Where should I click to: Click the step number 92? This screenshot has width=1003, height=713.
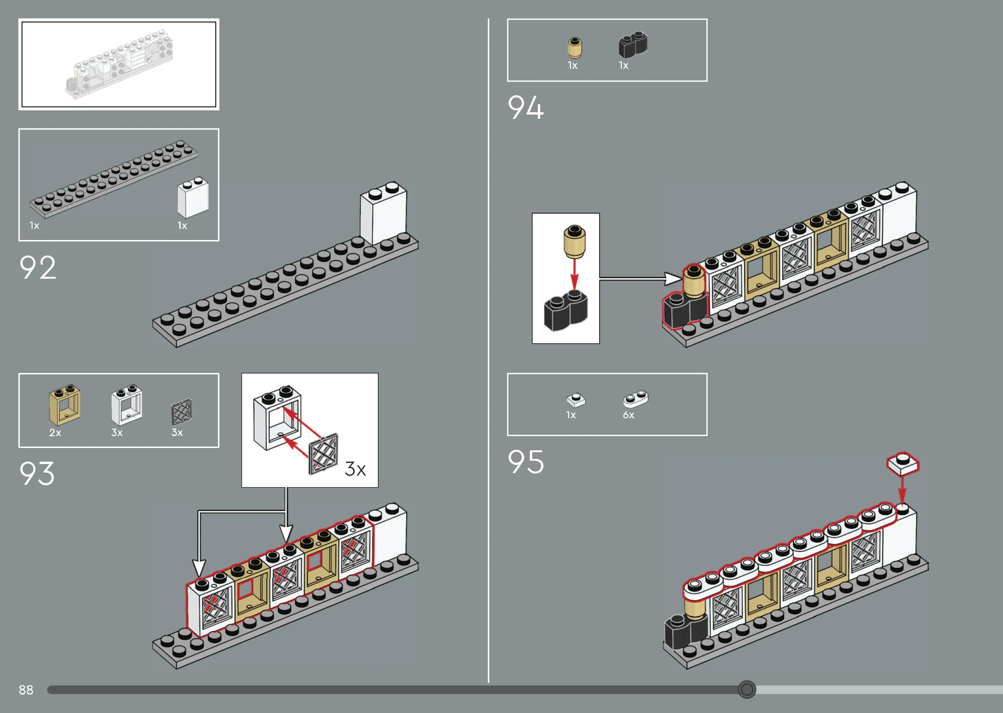coord(38,267)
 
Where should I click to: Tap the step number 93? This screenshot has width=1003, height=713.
coord(37,473)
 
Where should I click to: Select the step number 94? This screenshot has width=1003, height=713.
coord(526,107)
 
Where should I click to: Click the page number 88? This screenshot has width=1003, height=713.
coord(26,690)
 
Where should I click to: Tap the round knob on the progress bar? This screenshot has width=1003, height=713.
coord(747,689)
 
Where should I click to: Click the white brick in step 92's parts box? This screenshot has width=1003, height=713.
coord(193,197)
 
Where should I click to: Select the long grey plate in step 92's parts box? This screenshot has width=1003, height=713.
coord(113,179)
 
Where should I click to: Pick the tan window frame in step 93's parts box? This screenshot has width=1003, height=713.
coord(65,404)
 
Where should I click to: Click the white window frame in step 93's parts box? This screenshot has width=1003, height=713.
coord(126,405)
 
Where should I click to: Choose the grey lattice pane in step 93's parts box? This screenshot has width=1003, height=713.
coord(181,412)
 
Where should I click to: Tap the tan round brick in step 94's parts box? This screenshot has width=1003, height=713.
coord(575,48)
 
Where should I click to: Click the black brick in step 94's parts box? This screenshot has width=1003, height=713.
coord(633,45)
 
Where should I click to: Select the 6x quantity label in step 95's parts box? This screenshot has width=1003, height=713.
coord(628,415)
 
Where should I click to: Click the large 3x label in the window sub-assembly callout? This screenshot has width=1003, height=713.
coord(355,469)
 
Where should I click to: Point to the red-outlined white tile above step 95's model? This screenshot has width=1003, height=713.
coord(903,464)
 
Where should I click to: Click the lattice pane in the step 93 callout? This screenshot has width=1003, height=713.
coord(324,454)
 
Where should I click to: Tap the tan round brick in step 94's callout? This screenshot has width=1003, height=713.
coord(575,241)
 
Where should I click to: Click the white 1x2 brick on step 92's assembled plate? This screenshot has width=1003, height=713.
coord(384,213)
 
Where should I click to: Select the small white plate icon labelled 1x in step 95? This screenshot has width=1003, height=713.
coord(576,400)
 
